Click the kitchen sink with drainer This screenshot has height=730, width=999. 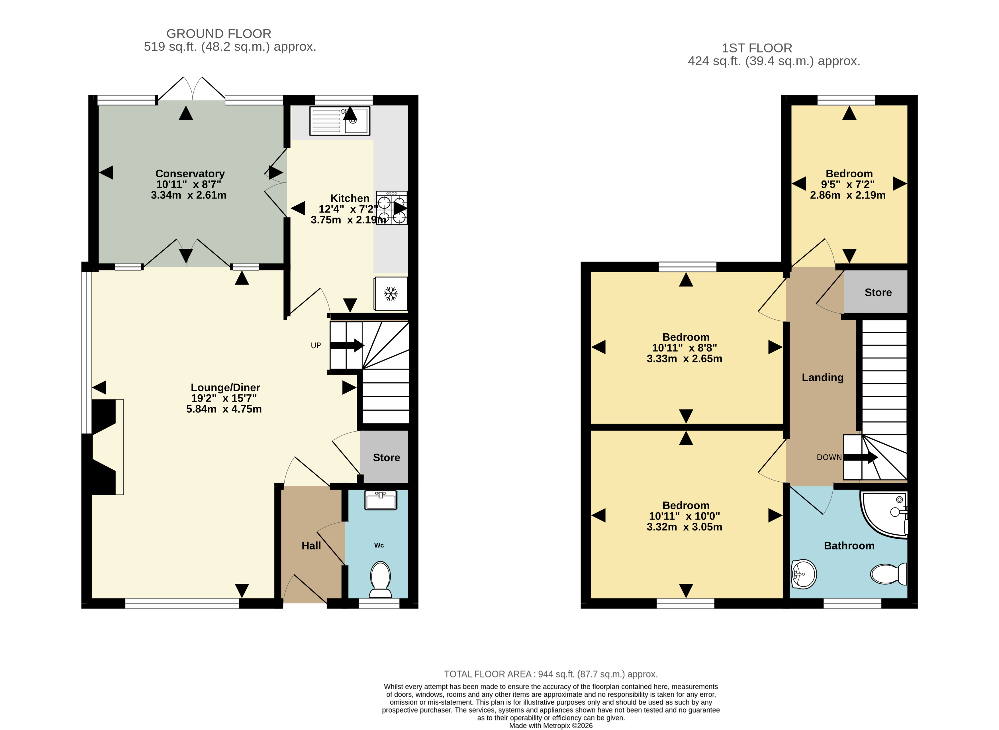pos(340,121)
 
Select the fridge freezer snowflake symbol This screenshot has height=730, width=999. pos(391,293)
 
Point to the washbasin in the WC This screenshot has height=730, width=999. pos(381,500)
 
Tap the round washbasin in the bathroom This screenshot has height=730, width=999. pos(803,574)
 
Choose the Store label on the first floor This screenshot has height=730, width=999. pos(878,293)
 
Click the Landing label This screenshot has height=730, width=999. pos(822,377)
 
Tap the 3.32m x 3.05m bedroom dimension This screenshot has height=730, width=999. pos(684,527)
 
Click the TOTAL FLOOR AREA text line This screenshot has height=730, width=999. pos(550,674)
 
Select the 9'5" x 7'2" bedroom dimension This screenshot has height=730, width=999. pos(847,184)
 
